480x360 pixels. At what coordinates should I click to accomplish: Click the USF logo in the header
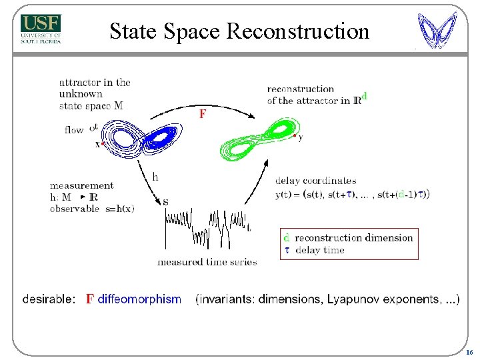41,29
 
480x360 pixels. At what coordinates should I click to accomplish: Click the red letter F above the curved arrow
202,114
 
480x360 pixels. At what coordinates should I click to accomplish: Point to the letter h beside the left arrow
155,177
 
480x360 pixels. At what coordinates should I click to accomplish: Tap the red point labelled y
295,136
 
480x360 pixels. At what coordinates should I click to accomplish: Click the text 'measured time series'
207,262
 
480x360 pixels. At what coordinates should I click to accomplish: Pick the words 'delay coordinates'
315,181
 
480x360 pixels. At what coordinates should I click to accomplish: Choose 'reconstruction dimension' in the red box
353,238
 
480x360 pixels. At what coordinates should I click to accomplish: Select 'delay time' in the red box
319,250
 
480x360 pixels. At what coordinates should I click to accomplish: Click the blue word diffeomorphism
139,299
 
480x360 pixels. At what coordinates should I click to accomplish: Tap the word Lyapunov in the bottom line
351,299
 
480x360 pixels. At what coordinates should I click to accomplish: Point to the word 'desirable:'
49,299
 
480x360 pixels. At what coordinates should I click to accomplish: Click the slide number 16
469,352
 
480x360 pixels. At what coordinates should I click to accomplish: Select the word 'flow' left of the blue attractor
74,129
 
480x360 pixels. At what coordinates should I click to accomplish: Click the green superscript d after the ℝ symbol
364,96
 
